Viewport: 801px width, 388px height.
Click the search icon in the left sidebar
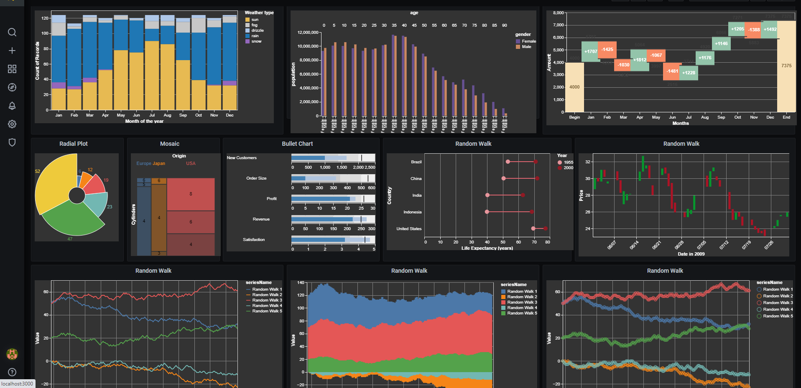tap(12, 32)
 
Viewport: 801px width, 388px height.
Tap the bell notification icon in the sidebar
tap(12, 106)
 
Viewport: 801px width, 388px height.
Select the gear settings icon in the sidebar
tap(12, 124)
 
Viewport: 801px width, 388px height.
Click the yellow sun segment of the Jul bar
tap(152, 75)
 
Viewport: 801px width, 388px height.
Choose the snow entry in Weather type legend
tap(256, 41)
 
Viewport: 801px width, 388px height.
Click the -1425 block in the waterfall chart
tap(607, 50)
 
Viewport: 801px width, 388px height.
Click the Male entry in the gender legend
tap(526, 47)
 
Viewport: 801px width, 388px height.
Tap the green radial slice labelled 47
tap(71, 219)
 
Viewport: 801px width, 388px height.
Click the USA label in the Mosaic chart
tap(191, 163)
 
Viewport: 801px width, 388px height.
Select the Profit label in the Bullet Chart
tap(271, 199)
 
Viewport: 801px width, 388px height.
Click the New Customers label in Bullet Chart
tap(242, 158)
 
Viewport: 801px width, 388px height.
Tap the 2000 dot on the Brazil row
tap(535, 162)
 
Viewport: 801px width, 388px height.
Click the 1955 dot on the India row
tap(487, 195)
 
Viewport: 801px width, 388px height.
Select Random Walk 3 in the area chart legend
tap(522, 302)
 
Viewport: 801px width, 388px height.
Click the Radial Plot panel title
tap(74, 144)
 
